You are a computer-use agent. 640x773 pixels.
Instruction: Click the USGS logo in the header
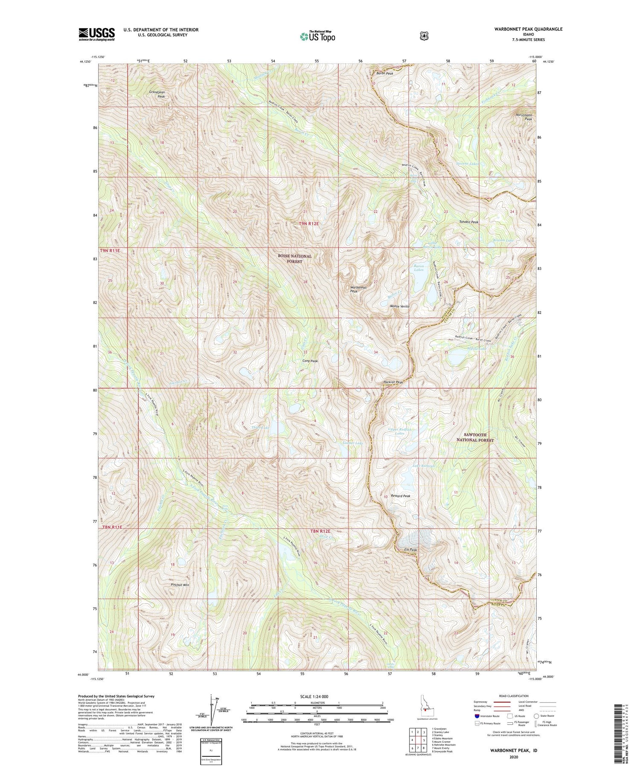[96, 34]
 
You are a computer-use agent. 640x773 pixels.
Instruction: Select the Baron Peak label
[384, 73]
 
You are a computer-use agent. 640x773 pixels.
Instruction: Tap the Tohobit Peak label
[468, 222]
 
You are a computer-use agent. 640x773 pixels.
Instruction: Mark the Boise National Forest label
[295, 259]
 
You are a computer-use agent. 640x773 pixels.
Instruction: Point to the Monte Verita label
[400, 307]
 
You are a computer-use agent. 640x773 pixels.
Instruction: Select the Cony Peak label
[310, 361]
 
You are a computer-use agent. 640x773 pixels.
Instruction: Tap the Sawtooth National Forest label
[475, 437]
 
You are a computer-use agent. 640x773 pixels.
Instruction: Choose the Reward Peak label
[400, 496]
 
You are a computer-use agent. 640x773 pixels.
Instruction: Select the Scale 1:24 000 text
[319, 696]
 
